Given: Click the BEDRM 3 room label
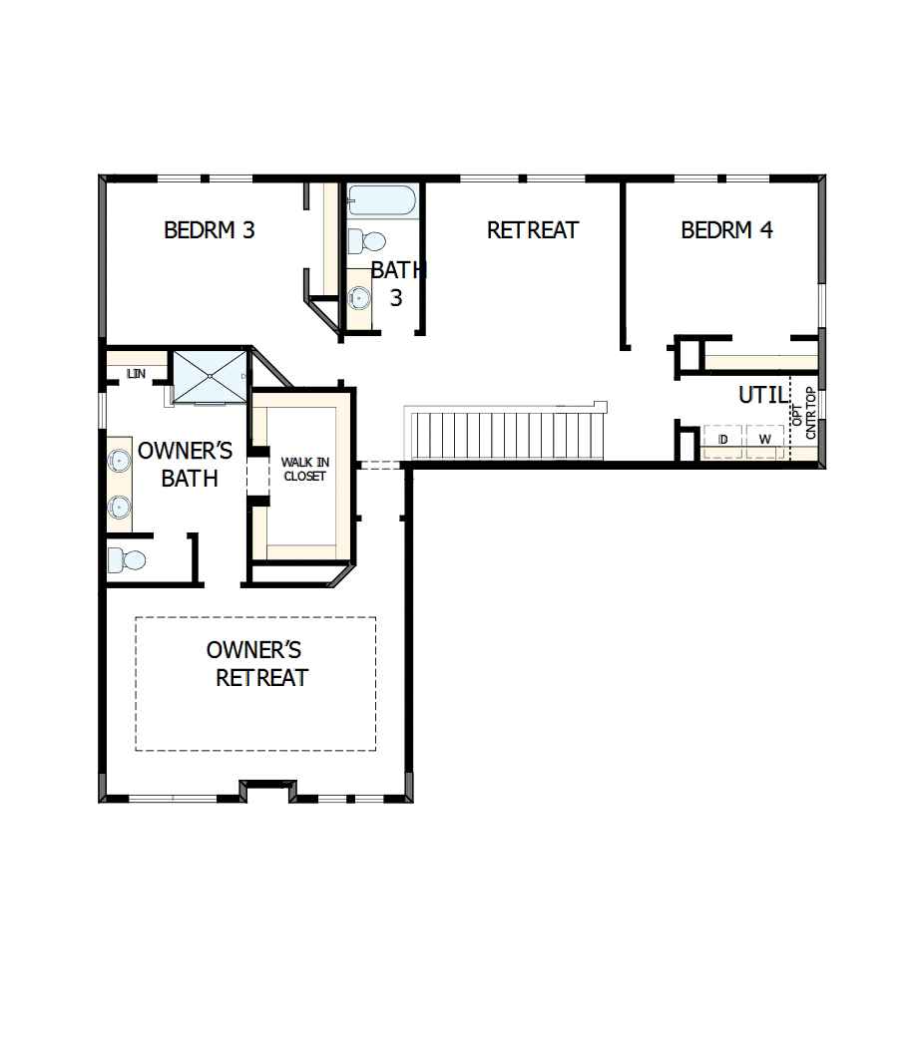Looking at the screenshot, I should click(210, 230).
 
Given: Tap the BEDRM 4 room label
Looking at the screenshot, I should click(726, 230).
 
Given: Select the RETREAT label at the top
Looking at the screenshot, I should click(532, 230).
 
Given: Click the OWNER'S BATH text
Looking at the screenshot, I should click(186, 464).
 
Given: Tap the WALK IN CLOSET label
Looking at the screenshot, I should click(304, 469).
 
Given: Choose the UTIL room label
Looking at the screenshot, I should click(763, 395).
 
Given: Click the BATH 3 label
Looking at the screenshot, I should click(397, 283).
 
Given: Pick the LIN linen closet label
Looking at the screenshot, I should click(136, 374).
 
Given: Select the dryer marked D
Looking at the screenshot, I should click(723, 440).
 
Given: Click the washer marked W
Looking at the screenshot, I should click(765, 440).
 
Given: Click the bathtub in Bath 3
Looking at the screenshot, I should click(381, 200).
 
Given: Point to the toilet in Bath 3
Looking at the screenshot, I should click(366, 240).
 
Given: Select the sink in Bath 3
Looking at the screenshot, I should click(359, 295).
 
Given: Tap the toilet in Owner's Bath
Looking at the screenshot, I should click(126, 559).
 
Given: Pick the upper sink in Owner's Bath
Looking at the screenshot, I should click(120, 461).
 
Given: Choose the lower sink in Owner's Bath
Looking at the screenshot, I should click(120, 507).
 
